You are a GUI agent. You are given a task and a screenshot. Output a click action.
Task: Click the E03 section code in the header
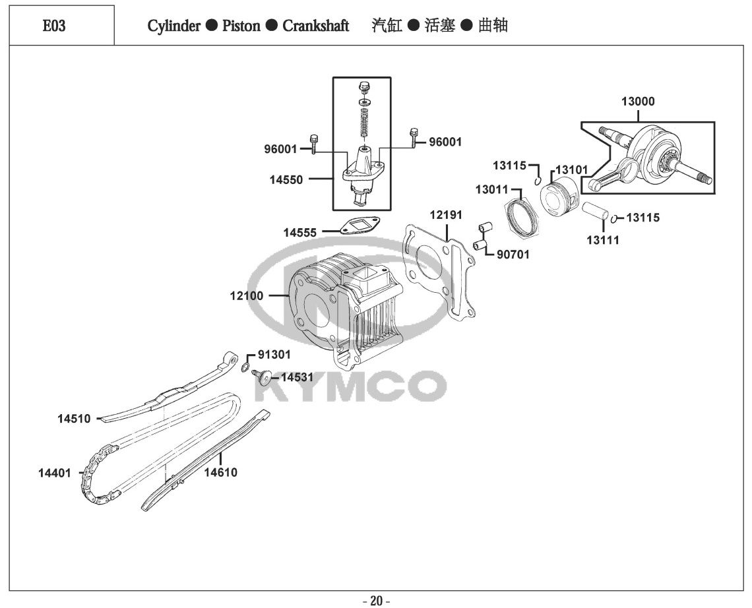coord(54,26)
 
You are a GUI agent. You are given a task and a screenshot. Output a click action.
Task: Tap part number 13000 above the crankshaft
coord(638,102)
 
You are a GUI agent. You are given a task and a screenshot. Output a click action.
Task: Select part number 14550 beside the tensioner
coord(287,179)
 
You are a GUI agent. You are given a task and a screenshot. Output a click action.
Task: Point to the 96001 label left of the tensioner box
coord(281,149)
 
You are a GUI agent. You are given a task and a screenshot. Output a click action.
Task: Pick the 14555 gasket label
coord(300,232)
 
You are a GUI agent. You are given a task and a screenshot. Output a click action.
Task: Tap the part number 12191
coord(446,215)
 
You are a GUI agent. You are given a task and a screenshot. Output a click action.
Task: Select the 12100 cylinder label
coord(246,295)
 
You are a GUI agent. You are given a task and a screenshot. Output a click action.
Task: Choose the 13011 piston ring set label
coord(491,190)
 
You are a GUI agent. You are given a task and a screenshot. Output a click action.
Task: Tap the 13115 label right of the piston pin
coord(642,218)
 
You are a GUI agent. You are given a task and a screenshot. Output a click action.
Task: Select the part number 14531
coord(298,377)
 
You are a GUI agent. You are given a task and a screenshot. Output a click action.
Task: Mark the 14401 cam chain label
coord(55,472)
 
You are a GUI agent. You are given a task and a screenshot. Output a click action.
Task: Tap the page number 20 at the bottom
coord(376,601)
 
